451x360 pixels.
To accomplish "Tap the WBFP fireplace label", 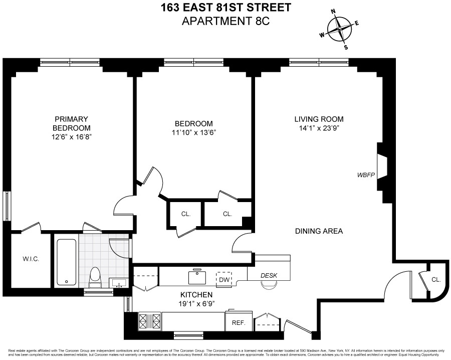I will [x=366, y=175].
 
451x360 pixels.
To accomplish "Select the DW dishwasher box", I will [x=223, y=279].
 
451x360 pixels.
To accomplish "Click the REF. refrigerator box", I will [x=239, y=323].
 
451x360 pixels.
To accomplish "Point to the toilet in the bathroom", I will [x=94, y=276].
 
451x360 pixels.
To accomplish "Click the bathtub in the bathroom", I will [x=66, y=262].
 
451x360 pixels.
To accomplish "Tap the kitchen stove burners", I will [x=149, y=320].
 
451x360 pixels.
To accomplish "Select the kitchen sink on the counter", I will [x=197, y=277].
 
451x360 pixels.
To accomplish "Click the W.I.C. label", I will [x=31, y=259].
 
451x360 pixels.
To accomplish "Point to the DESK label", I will [x=269, y=276].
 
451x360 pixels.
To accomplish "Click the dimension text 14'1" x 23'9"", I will [x=319, y=128].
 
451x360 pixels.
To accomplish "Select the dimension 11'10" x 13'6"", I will [x=193, y=133].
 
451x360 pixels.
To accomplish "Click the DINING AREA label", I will [x=319, y=231].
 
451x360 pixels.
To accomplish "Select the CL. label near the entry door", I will [x=435, y=279].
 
